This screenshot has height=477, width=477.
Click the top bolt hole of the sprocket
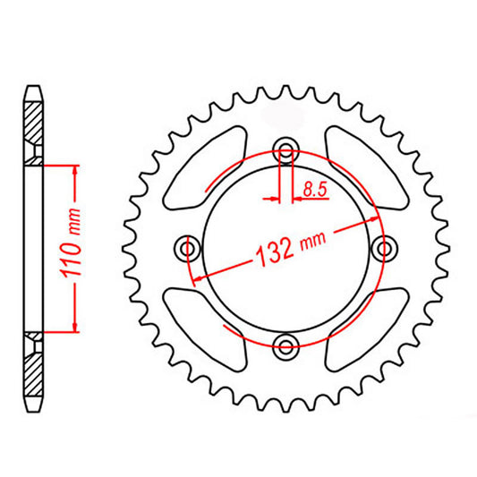click(286, 149)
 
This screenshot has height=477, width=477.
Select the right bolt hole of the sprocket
click(385, 247)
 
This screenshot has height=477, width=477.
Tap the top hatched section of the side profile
click(34, 125)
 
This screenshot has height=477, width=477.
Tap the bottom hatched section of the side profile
click(34, 367)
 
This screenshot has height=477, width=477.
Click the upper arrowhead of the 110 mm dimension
click(75, 171)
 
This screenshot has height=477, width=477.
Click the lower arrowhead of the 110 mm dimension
click(75, 327)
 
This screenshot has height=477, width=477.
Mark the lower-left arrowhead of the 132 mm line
click(196, 277)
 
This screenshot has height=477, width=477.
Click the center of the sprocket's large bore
click(286, 247)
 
